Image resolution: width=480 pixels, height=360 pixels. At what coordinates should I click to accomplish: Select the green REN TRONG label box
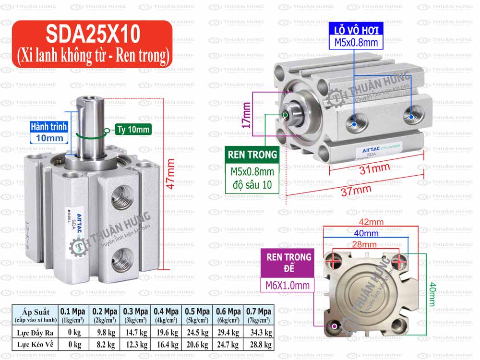click(252, 155)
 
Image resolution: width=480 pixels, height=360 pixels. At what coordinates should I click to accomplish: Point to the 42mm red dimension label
click(371, 222)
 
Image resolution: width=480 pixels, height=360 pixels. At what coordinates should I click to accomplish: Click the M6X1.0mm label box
click(287, 286)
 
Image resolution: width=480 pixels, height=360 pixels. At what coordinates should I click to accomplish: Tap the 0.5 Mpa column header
click(197, 315)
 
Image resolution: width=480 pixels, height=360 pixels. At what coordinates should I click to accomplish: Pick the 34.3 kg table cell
click(259, 332)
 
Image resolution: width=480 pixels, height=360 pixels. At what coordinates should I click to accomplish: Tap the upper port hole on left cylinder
click(119, 195)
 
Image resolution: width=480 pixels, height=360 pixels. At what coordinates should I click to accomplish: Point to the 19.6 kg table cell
click(166, 332)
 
